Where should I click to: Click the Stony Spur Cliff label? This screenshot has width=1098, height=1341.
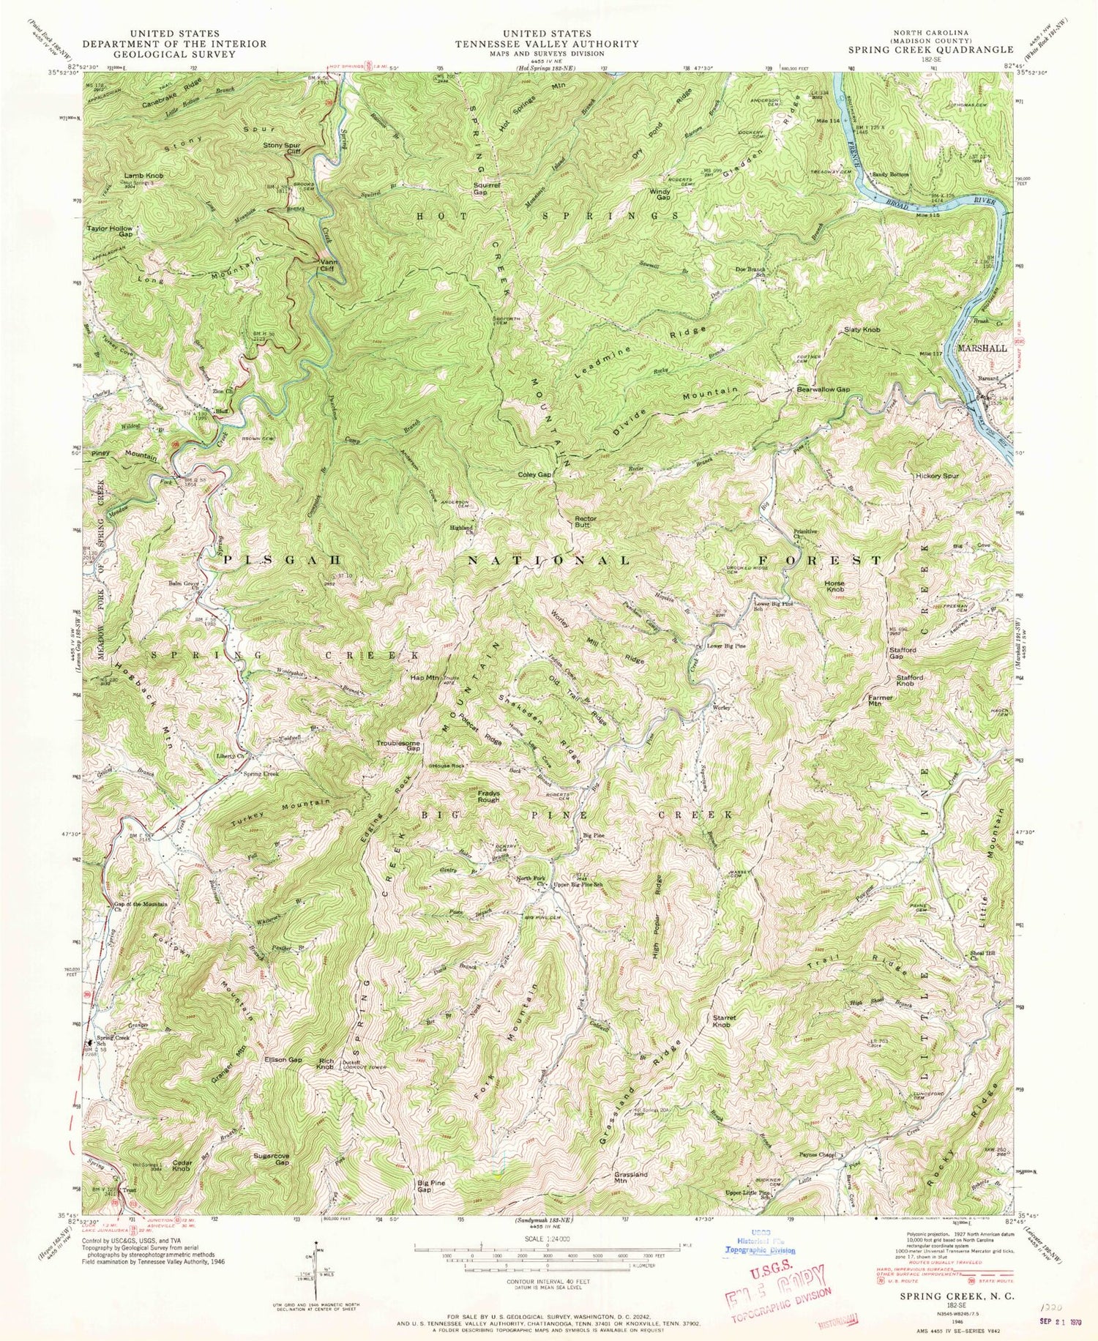coord(282,149)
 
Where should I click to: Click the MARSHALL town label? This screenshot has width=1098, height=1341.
coord(982,348)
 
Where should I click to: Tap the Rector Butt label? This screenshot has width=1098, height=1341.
coord(585,522)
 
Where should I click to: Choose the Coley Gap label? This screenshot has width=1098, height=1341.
coord(534,475)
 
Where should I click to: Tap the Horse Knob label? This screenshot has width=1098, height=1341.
coord(834,586)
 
